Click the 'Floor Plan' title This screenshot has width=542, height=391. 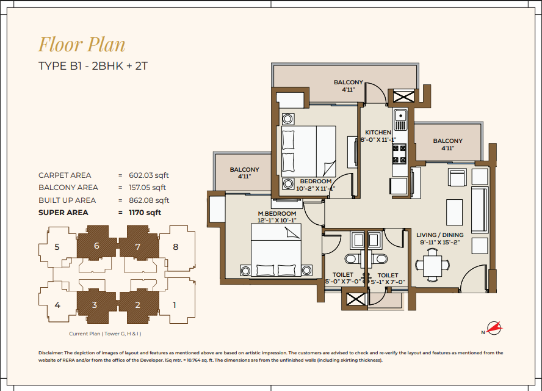82,45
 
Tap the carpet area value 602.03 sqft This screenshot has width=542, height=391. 149,175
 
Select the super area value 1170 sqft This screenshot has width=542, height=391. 145,213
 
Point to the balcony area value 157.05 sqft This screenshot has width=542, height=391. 147,188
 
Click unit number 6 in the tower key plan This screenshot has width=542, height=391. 96,246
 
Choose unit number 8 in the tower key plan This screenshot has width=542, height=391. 176,247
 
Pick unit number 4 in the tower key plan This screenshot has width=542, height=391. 57,305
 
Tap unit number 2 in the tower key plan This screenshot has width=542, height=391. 137,305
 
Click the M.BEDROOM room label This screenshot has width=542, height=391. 277,213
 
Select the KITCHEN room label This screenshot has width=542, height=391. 378,132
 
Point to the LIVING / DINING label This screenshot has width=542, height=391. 439,235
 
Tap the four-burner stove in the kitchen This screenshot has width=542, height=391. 399,155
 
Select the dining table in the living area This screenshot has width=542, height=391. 432,265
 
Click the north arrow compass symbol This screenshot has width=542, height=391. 494,328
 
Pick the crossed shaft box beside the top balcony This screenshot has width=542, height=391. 403,96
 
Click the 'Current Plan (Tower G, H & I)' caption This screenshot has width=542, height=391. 105,334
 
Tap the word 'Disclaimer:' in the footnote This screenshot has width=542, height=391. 51,353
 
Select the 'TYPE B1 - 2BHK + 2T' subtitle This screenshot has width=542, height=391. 93,66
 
